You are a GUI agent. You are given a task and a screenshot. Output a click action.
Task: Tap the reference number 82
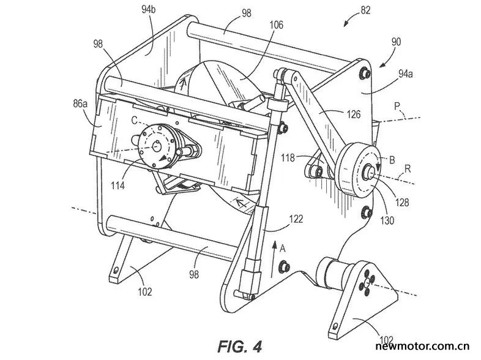(x=365, y=10)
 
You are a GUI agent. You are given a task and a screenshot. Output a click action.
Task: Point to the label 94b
(x=149, y=10)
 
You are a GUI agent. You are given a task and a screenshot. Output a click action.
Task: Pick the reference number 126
(x=354, y=114)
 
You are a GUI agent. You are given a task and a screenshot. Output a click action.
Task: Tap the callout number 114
(x=117, y=186)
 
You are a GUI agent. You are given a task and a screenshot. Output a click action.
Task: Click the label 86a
(x=80, y=103)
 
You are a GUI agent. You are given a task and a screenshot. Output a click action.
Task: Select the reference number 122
(x=296, y=219)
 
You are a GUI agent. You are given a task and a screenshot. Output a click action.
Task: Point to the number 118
(x=288, y=158)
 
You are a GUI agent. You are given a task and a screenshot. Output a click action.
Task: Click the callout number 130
(x=387, y=220)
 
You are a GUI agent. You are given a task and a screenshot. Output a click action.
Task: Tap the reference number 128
(x=402, y=202)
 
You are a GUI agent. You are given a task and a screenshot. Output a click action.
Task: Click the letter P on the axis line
(x=397, y=107)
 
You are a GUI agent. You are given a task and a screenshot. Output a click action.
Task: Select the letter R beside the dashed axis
(x=408, y=168)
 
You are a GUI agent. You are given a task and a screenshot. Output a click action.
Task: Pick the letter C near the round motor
(x=135, y=121)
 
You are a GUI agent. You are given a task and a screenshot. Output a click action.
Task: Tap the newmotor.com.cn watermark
(x=422, y=346)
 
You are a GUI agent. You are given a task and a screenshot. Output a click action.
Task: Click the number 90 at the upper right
(x=396, y=42)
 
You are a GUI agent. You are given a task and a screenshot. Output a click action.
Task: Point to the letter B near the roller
(x=392, y=160)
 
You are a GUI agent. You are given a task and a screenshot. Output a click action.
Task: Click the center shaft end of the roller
(x=368, y=171)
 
